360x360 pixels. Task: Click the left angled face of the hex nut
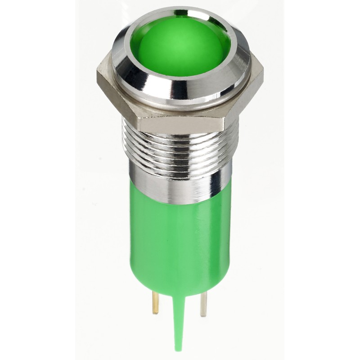coord(115,101)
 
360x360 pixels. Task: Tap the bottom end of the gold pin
coord(156,313)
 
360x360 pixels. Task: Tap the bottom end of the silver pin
coord(203,315)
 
